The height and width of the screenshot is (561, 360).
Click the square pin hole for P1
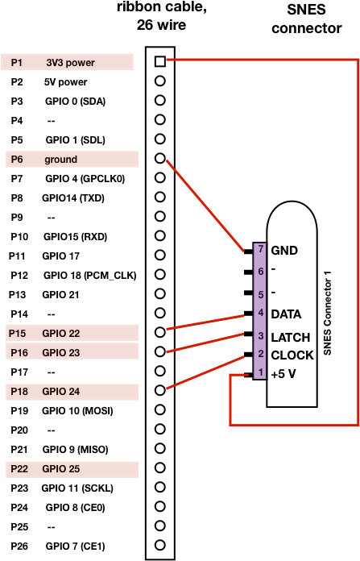(x=160, y=61)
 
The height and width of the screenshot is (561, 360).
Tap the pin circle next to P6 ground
(x=160, y=158)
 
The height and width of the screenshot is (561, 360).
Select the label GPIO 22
(x=60, y=334)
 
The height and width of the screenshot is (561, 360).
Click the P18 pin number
(x=19, y=392)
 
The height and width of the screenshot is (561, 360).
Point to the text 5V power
(x=66, y=82)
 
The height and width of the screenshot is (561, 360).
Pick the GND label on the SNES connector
(x=284, y=251)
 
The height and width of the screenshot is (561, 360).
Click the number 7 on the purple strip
(x=261, y=248)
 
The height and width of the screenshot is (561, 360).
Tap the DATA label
(x=286, y=314)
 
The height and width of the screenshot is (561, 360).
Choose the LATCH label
(x=290, y=338)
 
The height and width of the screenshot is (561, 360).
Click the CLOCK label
(x=292, y=355)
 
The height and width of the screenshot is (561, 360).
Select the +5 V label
(x=283, y=374)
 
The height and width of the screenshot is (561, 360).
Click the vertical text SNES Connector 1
(x=327, y=313)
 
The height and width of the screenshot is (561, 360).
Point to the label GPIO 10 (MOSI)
(x=77, y=411)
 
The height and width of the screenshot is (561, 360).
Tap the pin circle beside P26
(x=160, y=545)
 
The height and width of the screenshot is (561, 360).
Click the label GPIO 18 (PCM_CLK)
(x=89, y=276)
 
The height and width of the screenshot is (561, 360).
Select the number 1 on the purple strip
(x=261, y=372)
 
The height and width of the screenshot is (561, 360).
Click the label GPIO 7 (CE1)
(x=75, y=546)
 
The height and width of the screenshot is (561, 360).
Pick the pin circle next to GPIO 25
(x=160, y=467)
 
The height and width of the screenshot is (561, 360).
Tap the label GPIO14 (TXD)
(x=73, y=197)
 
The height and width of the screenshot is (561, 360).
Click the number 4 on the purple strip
(x=261, y=313)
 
